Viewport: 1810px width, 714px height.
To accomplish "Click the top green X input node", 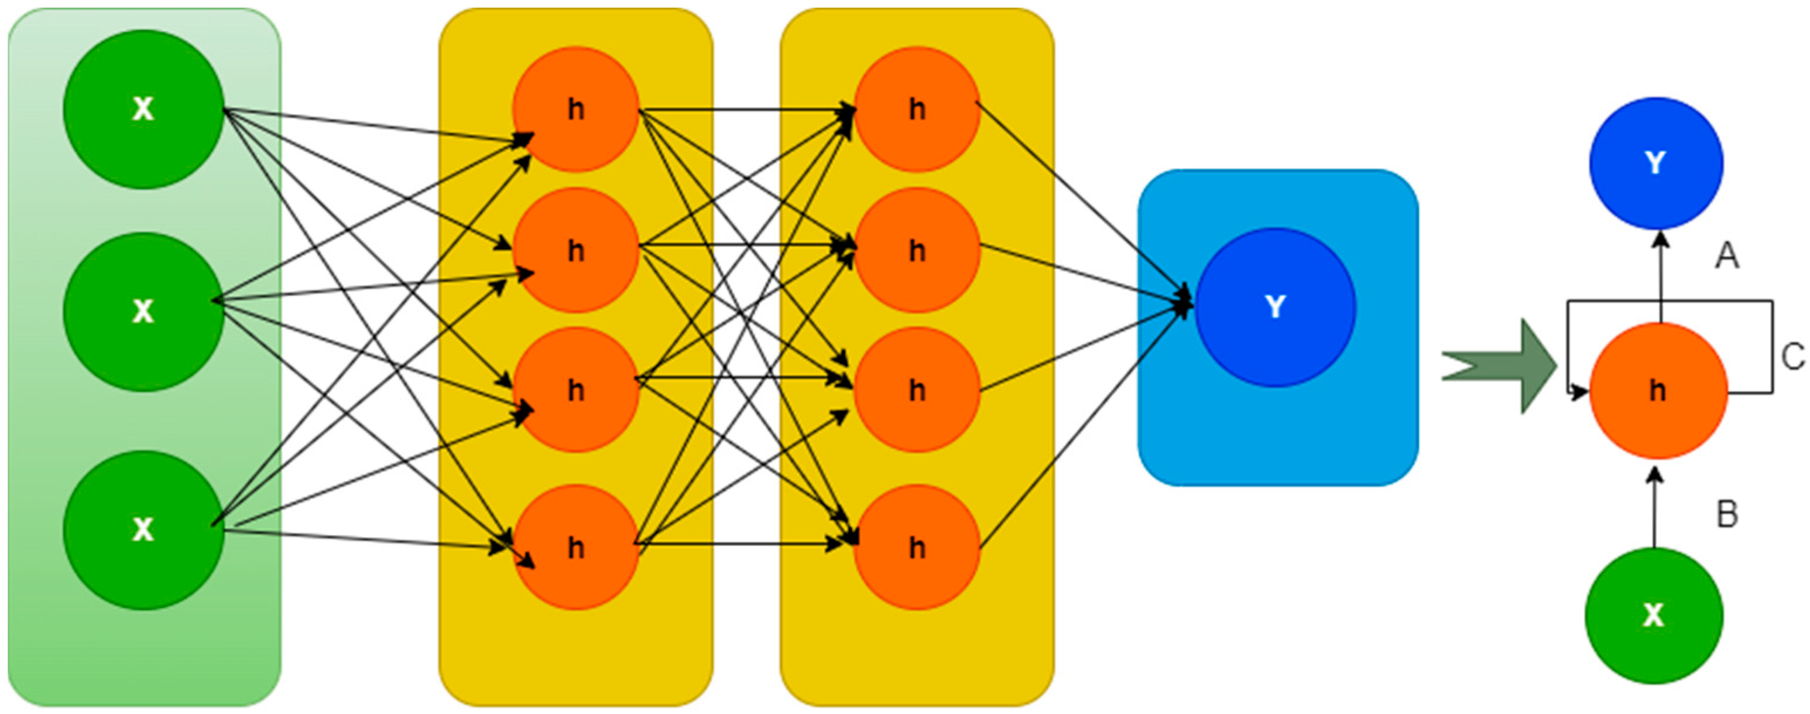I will [143, 109].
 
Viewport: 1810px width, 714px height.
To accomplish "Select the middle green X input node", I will [143, 312].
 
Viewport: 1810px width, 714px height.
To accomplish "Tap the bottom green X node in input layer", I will [143, 530].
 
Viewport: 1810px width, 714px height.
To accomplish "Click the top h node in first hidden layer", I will [575, 109].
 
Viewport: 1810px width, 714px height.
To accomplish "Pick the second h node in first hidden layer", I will [575, 250].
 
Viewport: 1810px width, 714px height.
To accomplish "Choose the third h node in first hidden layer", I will [575, 390].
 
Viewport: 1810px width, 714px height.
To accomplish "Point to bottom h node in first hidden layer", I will [575, 548].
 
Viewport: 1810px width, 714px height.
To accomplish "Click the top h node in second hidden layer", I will [916, 109].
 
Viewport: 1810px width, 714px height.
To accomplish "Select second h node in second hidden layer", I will [916, 250].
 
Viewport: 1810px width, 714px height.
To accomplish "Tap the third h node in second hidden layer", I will [916, 390].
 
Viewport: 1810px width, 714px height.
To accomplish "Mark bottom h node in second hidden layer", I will [916, 548].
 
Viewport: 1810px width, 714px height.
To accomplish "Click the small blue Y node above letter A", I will [1655, 163].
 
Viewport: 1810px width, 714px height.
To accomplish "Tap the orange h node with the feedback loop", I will [1658, 391].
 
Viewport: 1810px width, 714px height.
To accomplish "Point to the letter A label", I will [1727, 257].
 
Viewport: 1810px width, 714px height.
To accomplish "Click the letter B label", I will [1727, 515].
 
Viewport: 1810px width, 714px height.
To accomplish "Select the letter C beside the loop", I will [1793, 358].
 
